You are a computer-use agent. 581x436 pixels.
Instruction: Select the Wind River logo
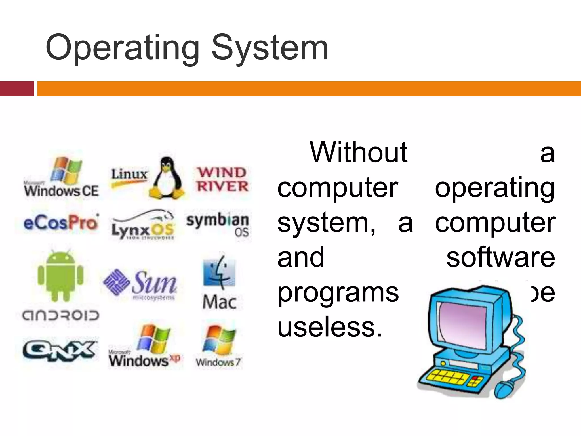222,180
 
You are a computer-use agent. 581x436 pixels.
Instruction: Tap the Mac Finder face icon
219,272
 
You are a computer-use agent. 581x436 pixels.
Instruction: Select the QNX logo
59,351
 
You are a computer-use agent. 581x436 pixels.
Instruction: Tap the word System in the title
270,48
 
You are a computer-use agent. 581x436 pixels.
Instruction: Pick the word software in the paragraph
501,257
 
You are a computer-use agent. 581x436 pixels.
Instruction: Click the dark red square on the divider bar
17,89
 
